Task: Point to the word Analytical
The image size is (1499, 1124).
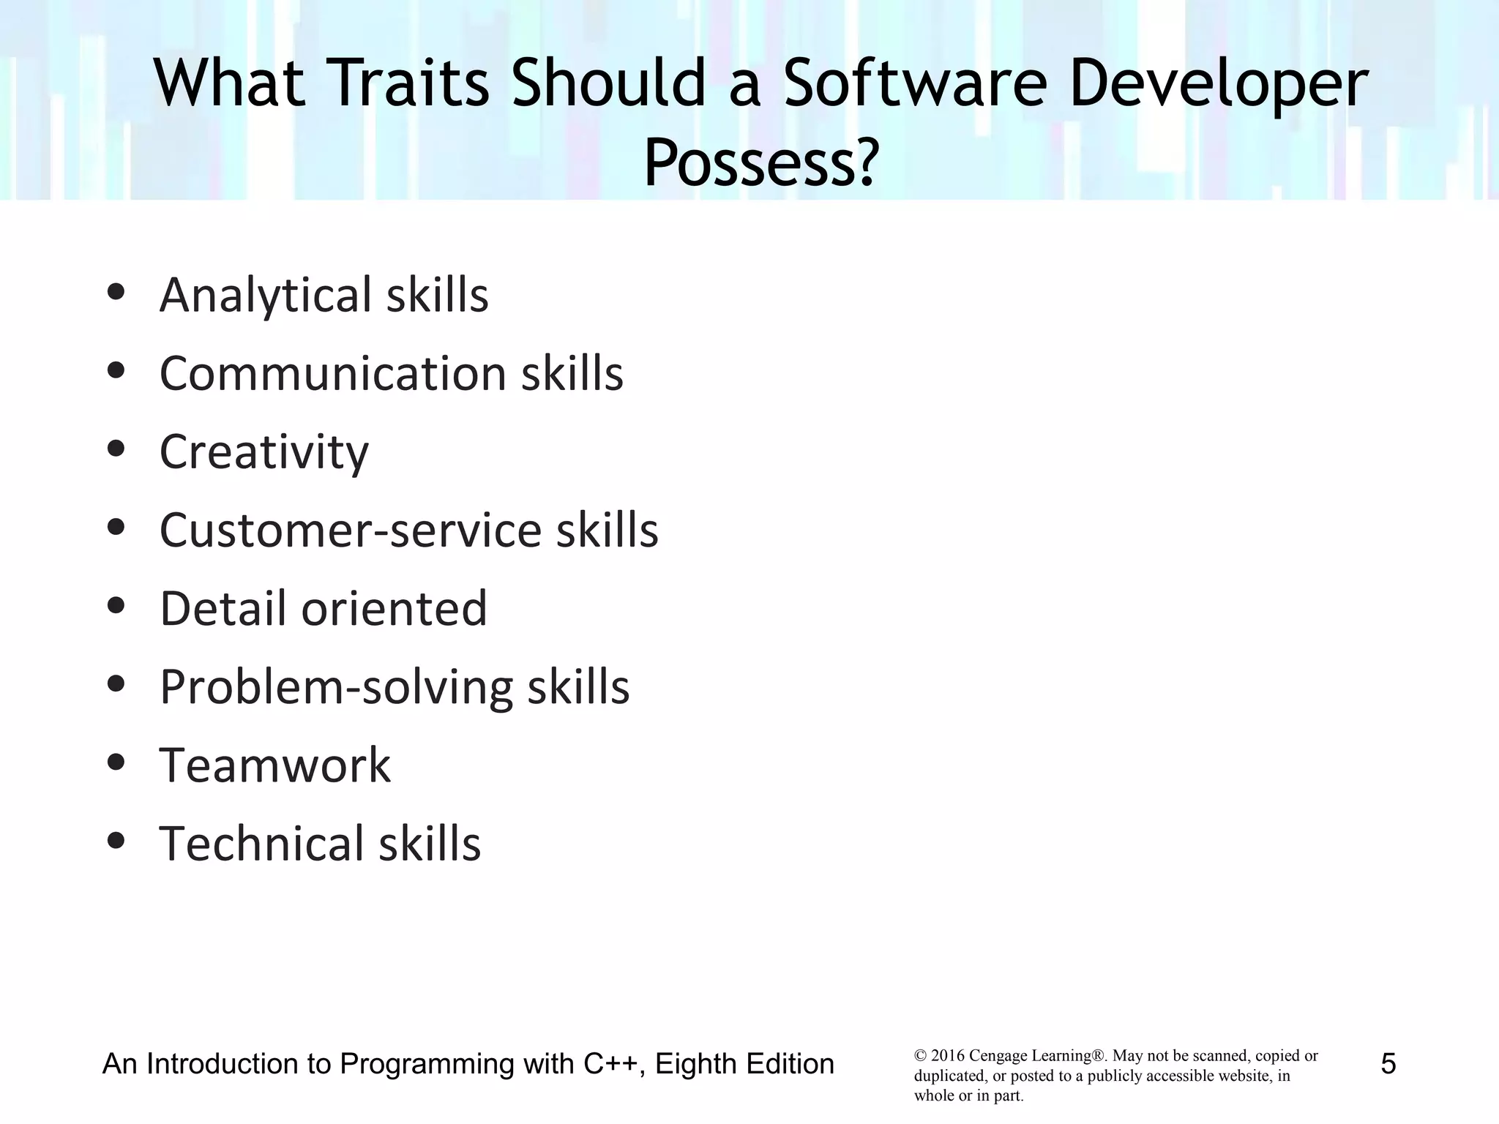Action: pos(266,296)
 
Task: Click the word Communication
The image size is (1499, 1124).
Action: pos(333,374)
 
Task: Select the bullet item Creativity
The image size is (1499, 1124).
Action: pos(264,452)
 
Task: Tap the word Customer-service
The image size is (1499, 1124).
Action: pos(351,531)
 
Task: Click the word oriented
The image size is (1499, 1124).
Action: pos(395,609)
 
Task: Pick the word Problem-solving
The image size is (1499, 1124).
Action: pos(337,687)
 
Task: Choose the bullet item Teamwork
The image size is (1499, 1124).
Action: pos(275,765)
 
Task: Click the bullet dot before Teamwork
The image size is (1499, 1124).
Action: pos(116,763)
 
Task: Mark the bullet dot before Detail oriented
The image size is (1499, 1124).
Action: pos(116,606)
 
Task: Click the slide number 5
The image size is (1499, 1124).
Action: pos(1388,1064)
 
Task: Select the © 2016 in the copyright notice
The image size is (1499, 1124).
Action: pos(939,1056)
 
